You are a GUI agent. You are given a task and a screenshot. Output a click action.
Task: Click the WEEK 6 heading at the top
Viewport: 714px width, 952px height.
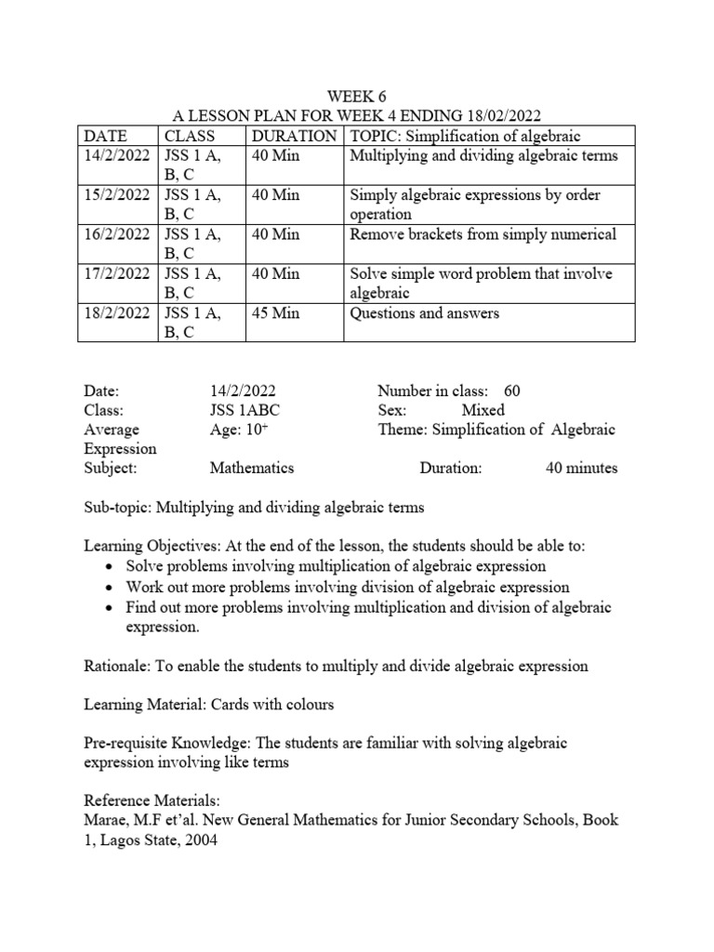[357, 96]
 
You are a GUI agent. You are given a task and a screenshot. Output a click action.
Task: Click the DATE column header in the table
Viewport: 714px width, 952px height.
[105, 136]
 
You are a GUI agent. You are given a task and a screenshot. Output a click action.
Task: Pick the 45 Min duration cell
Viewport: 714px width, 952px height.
[276, 313]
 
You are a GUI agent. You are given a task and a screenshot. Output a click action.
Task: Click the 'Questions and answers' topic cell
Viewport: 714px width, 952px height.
[424, 313]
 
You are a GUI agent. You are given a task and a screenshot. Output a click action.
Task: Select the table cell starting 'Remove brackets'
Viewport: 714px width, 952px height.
[483, 234]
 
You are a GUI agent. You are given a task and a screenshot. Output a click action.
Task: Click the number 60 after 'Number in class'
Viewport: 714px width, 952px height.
[511, 391]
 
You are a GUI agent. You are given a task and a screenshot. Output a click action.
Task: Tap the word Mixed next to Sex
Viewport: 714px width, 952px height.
[483, 410]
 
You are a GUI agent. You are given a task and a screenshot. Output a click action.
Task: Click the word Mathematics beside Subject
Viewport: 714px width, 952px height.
[252, 468]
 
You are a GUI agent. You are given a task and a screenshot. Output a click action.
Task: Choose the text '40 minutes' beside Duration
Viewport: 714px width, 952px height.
[581, 468]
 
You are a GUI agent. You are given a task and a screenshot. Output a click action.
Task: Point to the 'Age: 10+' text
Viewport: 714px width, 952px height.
[236, 430]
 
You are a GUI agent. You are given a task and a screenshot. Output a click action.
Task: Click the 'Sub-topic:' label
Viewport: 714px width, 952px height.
[118, 508]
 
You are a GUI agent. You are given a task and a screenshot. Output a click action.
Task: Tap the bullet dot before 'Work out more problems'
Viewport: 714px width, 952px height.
[111, 588]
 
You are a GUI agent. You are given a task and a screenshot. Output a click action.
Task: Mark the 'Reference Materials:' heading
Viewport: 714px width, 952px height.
[146, 801]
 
